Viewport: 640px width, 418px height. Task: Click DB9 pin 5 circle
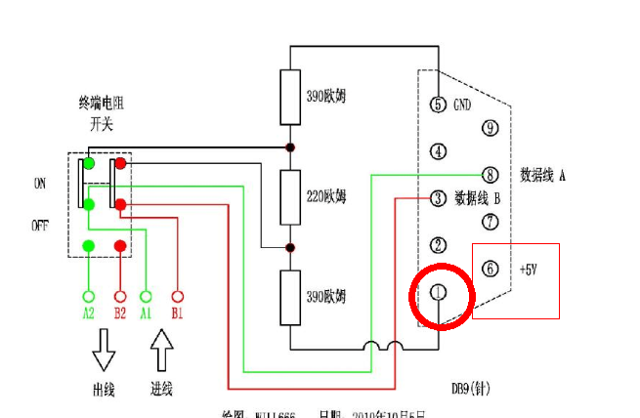438,104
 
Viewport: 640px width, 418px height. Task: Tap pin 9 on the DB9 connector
491,128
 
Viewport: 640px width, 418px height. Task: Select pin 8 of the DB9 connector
491,175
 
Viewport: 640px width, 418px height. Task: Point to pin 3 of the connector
438,198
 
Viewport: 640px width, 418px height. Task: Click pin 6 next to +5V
491,269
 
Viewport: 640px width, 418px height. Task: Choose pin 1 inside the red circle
438,292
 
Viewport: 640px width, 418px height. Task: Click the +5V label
528,269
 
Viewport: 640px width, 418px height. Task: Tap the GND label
464,104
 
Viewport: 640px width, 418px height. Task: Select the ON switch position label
40,183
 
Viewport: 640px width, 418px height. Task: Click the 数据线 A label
543,175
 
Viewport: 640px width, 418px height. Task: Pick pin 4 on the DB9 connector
438,151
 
